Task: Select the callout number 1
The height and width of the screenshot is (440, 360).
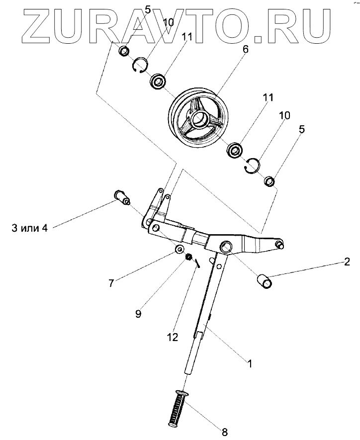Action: pos(250,363)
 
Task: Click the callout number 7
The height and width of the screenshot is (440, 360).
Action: pos(111,283)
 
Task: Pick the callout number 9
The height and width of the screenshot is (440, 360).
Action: pos(138,314)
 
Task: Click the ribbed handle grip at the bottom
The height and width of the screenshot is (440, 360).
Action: pos(177,407)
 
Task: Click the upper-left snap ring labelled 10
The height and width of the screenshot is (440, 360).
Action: pos(141,66)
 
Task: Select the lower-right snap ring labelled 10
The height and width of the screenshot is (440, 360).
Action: pos(253,166)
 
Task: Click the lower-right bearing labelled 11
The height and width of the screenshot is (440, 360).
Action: pos(234,150)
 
